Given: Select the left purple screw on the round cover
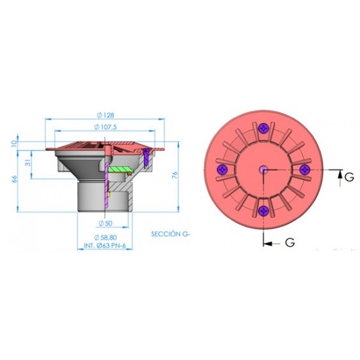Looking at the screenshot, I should [x=223, y=169].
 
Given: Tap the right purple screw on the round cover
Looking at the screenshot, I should [x=304, y=169].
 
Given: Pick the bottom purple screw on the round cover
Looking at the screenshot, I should [x=263, y=210].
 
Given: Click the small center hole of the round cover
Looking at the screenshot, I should [x=263, y=169].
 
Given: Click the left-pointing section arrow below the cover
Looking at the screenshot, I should [x=270, y=243].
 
